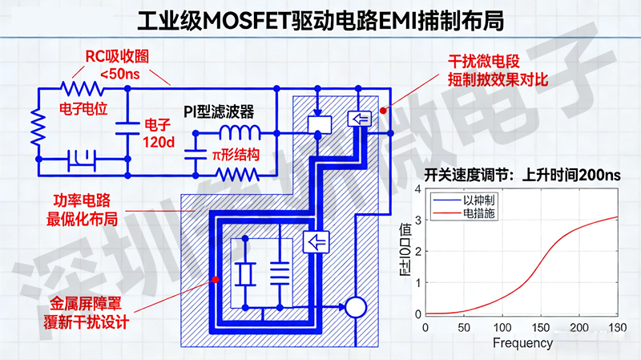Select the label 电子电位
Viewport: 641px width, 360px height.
click(x=83, y=106)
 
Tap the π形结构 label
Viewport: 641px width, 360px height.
click(x=235, y=153)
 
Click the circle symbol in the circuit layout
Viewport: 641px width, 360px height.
click(x=354, y=307)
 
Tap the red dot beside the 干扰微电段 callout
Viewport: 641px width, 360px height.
click(x=385, y=110)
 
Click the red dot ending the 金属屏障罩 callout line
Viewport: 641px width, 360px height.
click(x=215, y=280)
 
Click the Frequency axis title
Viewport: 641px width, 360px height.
click(x=522, y=343)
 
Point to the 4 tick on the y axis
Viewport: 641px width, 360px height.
click(x=417, y=189)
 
